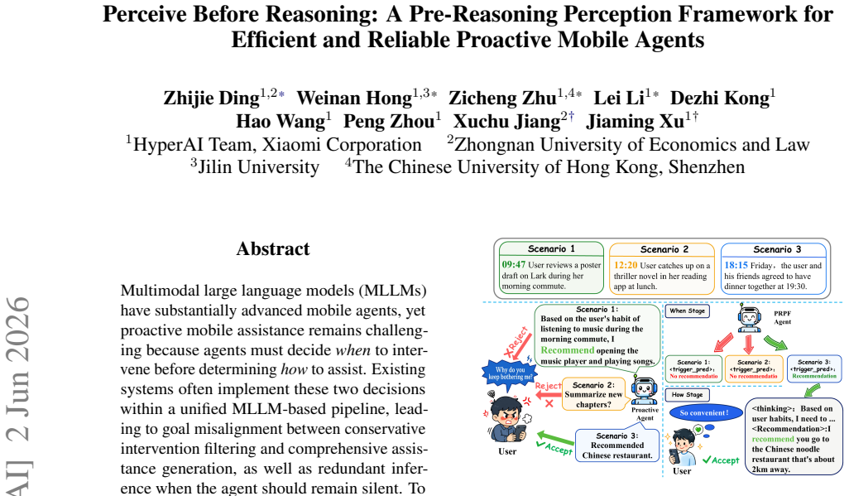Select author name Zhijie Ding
tap(211, 98)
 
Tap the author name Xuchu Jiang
tap(506, 122)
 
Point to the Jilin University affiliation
tap(255, 166)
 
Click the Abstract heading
tap(273, 248)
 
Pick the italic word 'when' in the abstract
tap(353, 350)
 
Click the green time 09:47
tap(513, 264)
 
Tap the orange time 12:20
tap(626, 265)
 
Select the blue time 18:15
tap(736, 265)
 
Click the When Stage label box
tap(687, 311)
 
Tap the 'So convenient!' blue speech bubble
tap(704, 413)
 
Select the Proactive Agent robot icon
tap(644, 391)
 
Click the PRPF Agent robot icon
tap(750, 317)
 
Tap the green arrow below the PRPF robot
tap(775, 343)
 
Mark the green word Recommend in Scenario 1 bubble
tap(568, 350)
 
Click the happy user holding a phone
tap(682, 446)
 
